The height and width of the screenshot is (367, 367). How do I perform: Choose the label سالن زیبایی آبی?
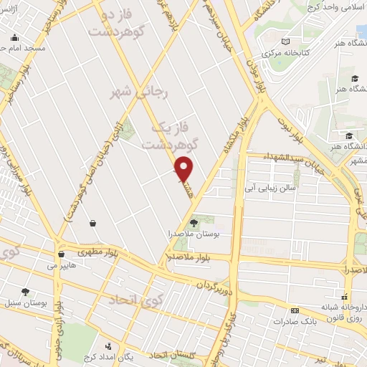click(270, 188)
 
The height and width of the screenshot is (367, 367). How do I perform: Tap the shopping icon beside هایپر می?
click(61, 254)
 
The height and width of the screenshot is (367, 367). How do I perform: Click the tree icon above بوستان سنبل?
click(26, 292)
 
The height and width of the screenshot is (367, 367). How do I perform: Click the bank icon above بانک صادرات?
click(295, 310)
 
